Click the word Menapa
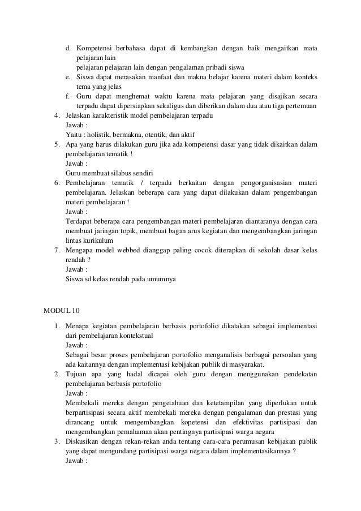tap(78, 326)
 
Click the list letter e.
tap(68, 76)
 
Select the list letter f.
tap(68, 96)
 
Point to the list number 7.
tap(57, 250)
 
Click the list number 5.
tap(57, 144)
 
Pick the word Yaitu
tap(73, 134)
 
